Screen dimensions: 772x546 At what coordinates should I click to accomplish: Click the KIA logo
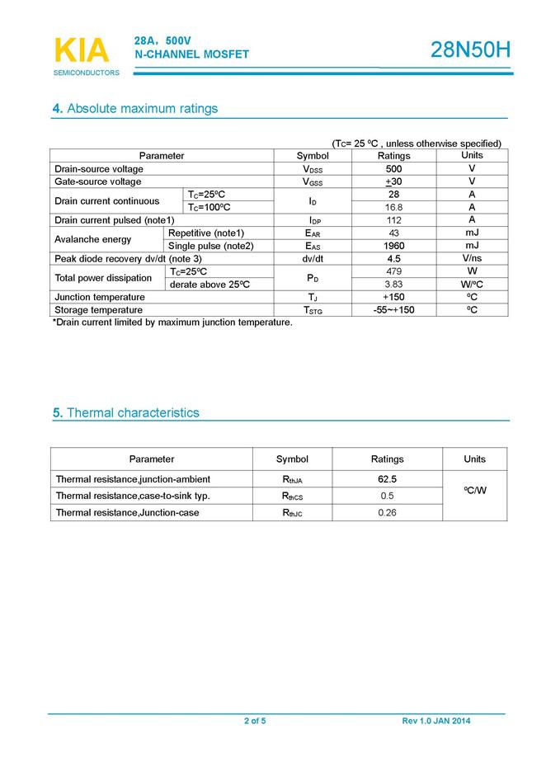(x=82, y=50)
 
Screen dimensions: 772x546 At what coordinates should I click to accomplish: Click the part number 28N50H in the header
(x=470, y=51)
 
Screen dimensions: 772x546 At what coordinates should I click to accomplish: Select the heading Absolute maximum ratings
(x=135, y=109)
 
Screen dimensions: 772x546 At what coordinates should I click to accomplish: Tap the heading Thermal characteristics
(x=125, y=412)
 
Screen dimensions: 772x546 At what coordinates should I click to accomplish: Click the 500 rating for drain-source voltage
(x=393, y=168)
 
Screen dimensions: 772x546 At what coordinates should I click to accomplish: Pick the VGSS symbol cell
(x=313, y=181)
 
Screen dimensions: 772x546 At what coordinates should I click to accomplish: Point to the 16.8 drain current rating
(x=393, y=207)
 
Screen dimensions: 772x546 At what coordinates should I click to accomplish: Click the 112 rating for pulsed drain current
(x=393, y=220)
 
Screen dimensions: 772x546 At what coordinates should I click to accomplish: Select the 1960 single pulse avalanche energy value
(x=393, y=246)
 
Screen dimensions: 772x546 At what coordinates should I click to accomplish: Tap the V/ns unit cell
(x=472, y=258)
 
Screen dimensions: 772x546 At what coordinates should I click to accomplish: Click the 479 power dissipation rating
(x=393, y=271)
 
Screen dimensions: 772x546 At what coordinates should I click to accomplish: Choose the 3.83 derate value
(x=393, y=285)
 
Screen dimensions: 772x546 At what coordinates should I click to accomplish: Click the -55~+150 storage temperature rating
(x=393, y=310)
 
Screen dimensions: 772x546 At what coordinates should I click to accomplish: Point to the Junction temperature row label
(x=100, y=297)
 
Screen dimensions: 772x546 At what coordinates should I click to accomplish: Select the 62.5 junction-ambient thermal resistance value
(x=387, y=479)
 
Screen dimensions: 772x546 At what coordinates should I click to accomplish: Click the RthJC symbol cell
(x=292, y=513)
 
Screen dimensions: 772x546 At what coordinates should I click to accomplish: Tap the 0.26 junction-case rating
(x=387, y=513)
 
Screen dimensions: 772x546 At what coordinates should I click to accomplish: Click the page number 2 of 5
(x=255, y=721)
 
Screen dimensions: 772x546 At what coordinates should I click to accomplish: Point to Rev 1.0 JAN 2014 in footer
(x=436, y=721)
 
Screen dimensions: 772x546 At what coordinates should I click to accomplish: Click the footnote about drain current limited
(x=172, y=322)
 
